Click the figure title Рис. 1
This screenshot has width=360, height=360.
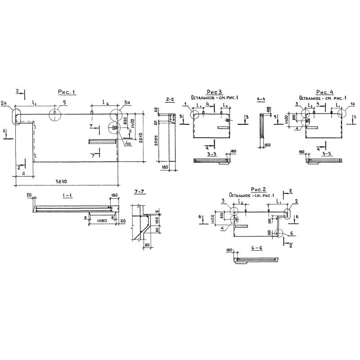66,92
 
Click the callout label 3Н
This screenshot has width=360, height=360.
127,103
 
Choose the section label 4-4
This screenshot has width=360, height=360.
261,98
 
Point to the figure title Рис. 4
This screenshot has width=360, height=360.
324,92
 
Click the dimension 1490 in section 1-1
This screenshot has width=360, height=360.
101,221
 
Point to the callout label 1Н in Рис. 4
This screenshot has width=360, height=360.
352,104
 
